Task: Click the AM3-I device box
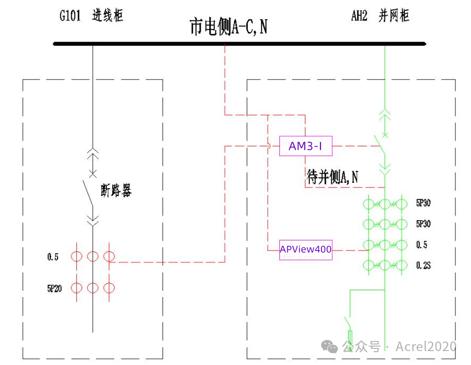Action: (305, 146)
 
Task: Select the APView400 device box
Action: (305, 250)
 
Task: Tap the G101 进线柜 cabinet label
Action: (91, 15)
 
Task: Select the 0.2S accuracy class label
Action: (423, 265)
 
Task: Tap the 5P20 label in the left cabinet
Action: (54, 289)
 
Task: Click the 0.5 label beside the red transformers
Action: (52, 257)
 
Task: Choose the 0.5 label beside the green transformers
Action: (421, 245)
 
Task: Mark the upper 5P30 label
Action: (423, 203)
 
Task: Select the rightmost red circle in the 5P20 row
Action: (109, 288)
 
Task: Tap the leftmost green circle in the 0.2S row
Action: (368, 265)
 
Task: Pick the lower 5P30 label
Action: (423, 223)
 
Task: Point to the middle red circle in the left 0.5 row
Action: (93, 257)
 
